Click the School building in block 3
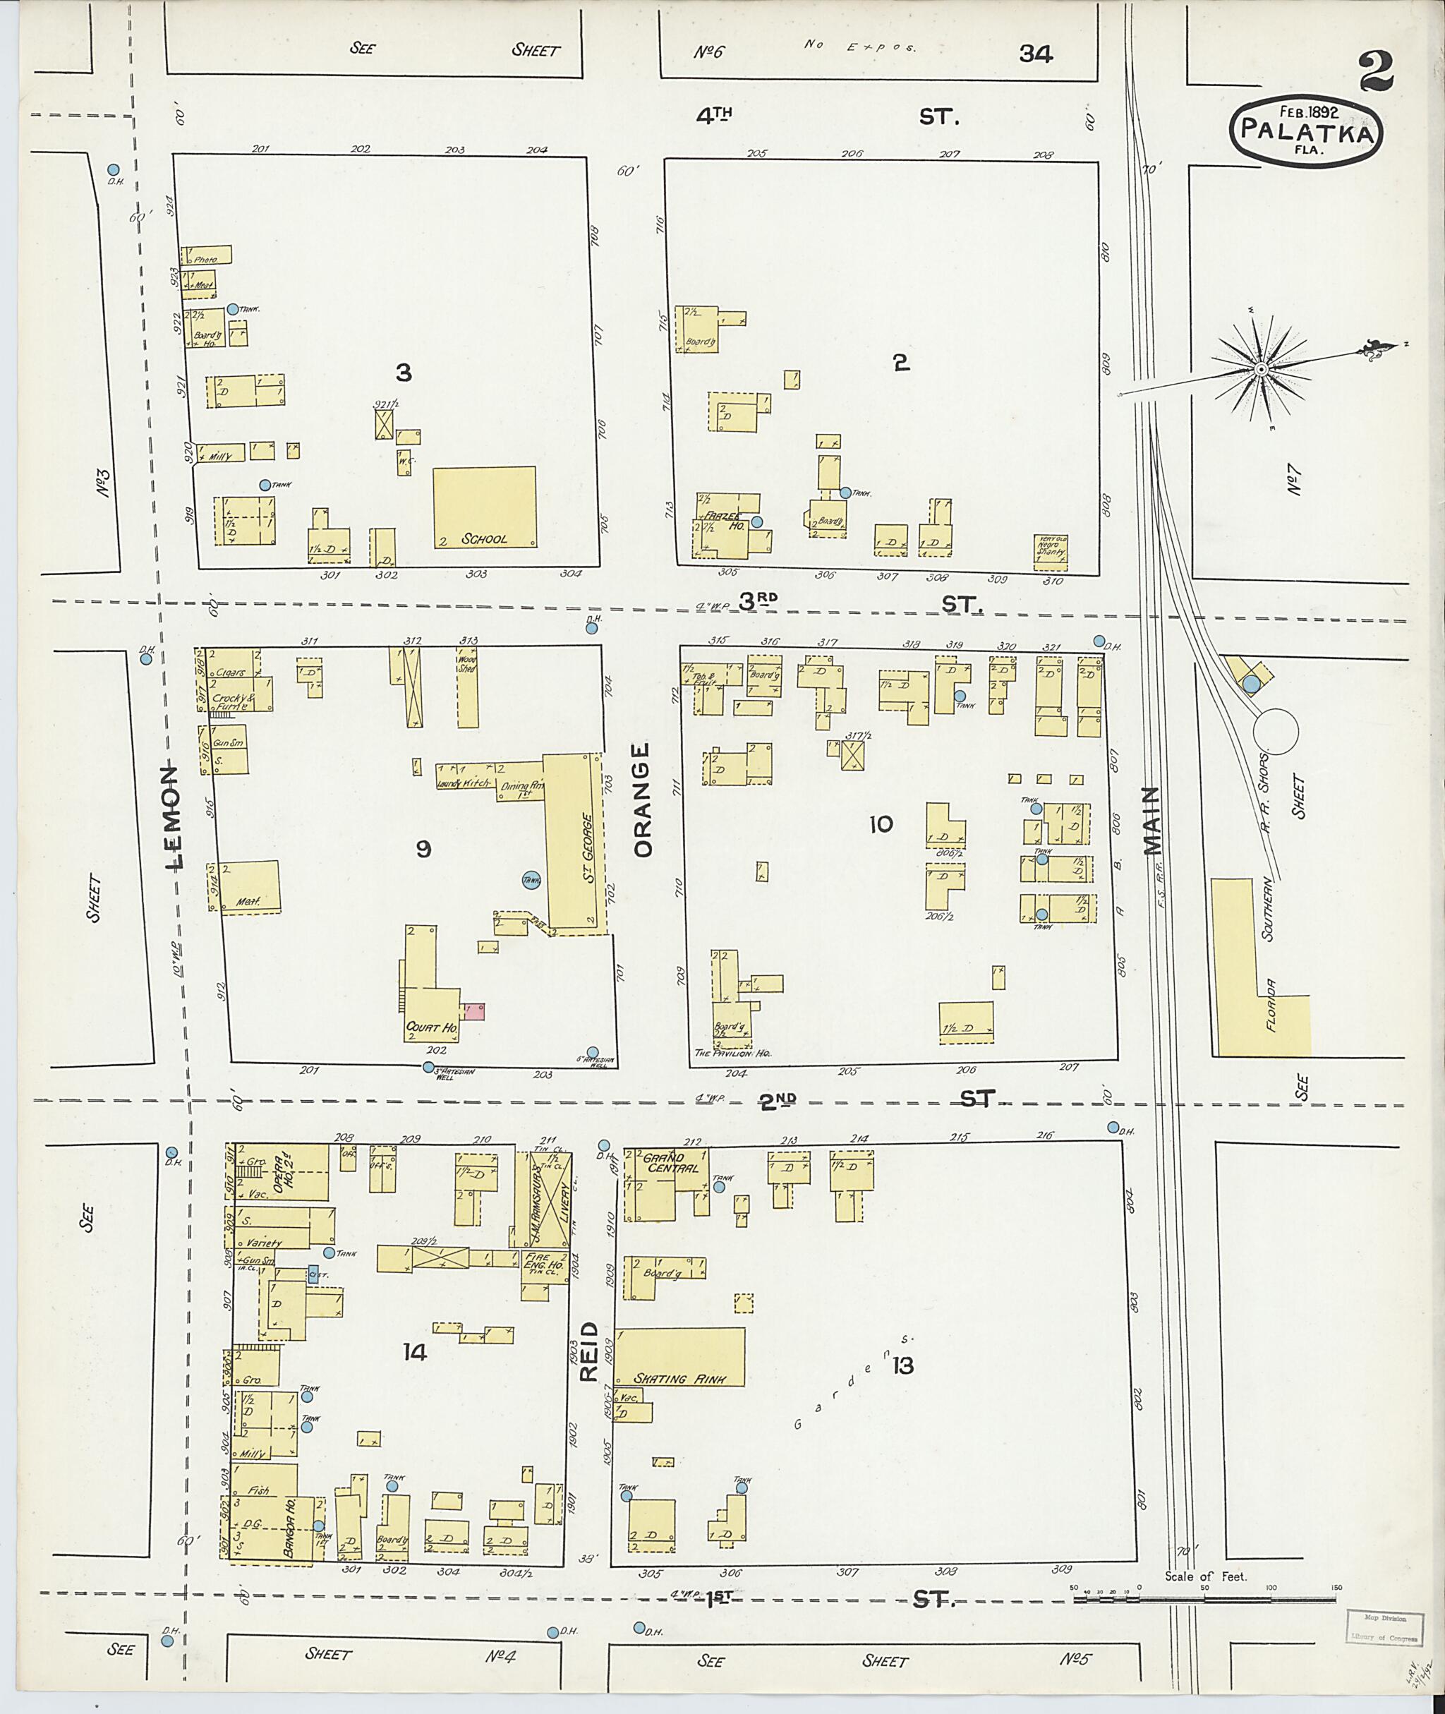tap(484, 507)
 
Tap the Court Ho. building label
tap(431, 1027)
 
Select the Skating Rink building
tap(680, 1356)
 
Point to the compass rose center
tap(1261, 370)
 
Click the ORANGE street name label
tap(641, 799)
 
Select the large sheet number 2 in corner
tap(1379, 72)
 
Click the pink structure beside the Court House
tap(474, 1011)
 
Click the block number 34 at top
tap(1036, 54)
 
